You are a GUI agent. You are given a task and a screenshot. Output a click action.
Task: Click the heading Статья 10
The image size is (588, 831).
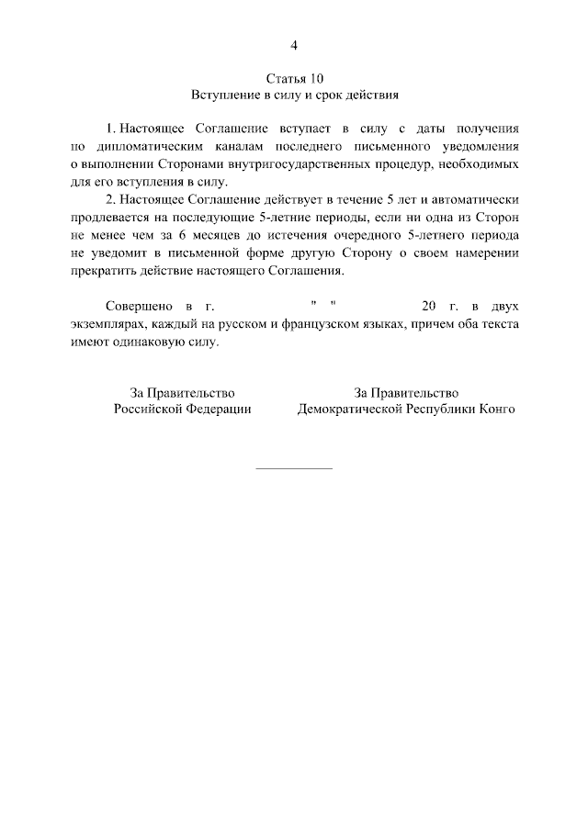point(294,78)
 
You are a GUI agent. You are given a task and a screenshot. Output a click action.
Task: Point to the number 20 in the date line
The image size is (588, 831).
point(428,308)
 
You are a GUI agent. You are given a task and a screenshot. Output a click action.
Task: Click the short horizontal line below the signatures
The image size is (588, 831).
point(293,469)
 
